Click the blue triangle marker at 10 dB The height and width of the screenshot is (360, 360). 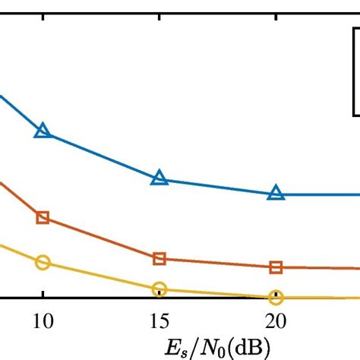click(x=43, y=131)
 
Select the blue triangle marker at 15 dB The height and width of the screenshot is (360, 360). click(x=159, y=178)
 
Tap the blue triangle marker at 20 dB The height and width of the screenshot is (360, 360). click(x=276, y=193)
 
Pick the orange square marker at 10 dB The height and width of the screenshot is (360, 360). click(x=43, y=218)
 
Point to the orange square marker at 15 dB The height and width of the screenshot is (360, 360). click(x=159, y=259)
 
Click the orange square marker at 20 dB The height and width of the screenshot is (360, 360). click(x=276, y=267)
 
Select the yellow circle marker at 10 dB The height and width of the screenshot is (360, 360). click(x=43, y=263)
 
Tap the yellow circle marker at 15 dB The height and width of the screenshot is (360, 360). click(x=159, y=289)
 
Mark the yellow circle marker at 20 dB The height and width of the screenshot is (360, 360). click(x=276, y=297)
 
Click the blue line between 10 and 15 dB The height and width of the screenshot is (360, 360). click(x=101, y=156)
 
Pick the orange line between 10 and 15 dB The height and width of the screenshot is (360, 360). click(x=101, y=238)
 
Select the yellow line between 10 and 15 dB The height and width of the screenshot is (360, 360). click(x=101, y=276)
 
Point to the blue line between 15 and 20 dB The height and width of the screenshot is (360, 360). click(x=218, y=186)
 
